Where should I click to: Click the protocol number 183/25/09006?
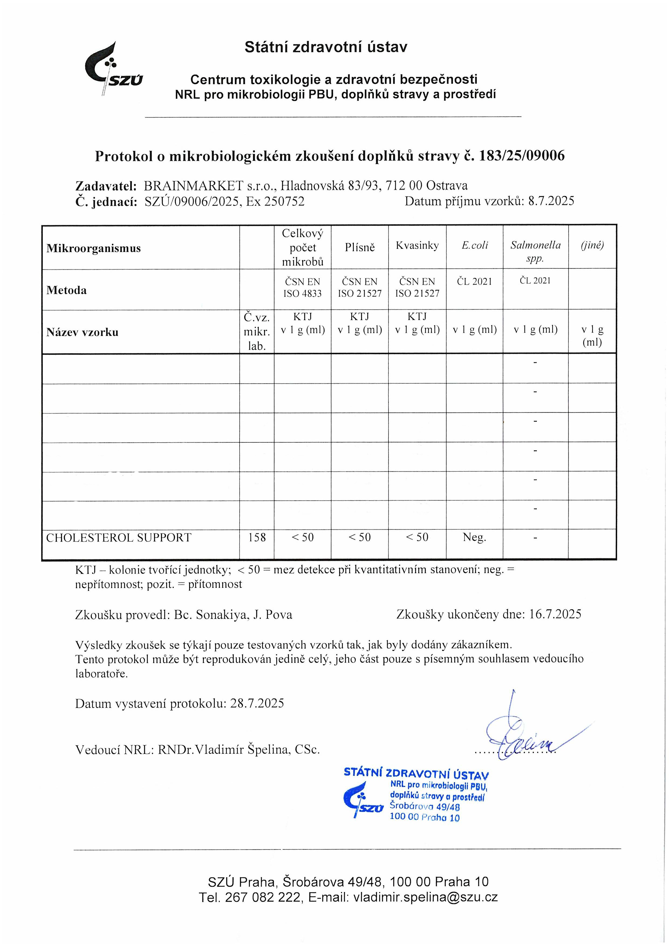click(521, 156)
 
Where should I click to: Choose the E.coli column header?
click(475, 246)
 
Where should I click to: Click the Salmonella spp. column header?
click(535, 251)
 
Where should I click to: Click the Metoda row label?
click(66, 290)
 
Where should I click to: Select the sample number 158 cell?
click(257, 538)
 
